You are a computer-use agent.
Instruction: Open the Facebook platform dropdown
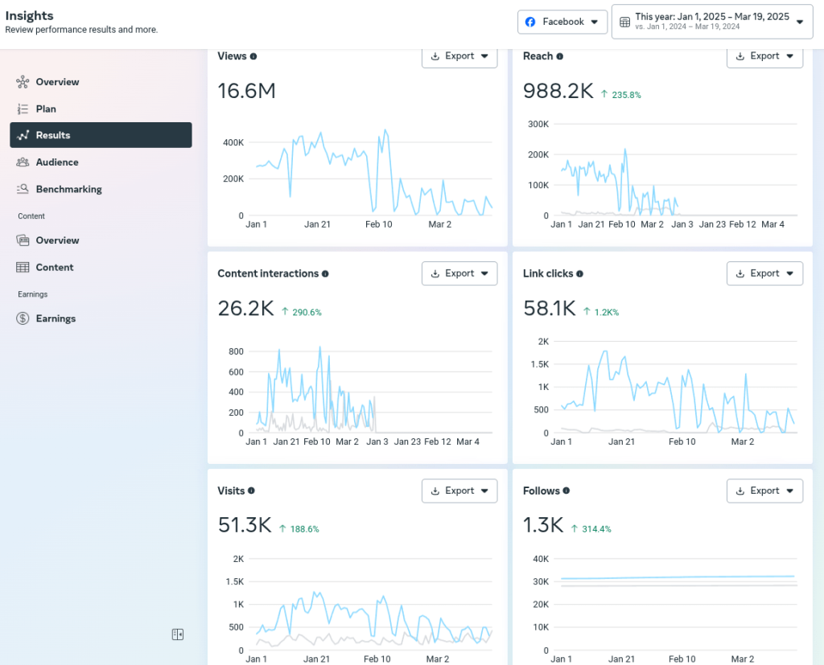[x=562, y=22]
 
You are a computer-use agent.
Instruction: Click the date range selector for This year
[x=712, y=22]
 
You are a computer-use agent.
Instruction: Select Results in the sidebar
[x=101, y=135]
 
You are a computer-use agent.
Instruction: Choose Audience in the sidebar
[x=56, y=162]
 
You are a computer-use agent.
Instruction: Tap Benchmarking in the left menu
[x=68, y=190]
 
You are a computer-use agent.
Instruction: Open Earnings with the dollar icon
[x=55, y=318]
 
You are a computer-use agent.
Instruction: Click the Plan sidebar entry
[x=46, y=109]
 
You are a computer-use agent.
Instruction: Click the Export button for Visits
[x=459, y=491]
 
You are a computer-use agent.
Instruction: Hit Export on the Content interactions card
[x=459, y=273]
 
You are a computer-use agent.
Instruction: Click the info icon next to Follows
[x=566, y=491]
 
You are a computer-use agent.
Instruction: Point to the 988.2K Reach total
[x=558, y=92]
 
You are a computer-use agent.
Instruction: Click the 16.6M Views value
[x=246, y=92]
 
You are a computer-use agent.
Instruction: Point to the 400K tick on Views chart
[x=233, y=142]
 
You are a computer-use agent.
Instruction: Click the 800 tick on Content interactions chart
[x=236, y=351]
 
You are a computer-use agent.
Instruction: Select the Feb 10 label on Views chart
[x=378, y=224]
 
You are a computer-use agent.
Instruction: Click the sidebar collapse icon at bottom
[x=178, y=634]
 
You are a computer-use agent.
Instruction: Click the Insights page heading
[x=29, y=15]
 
